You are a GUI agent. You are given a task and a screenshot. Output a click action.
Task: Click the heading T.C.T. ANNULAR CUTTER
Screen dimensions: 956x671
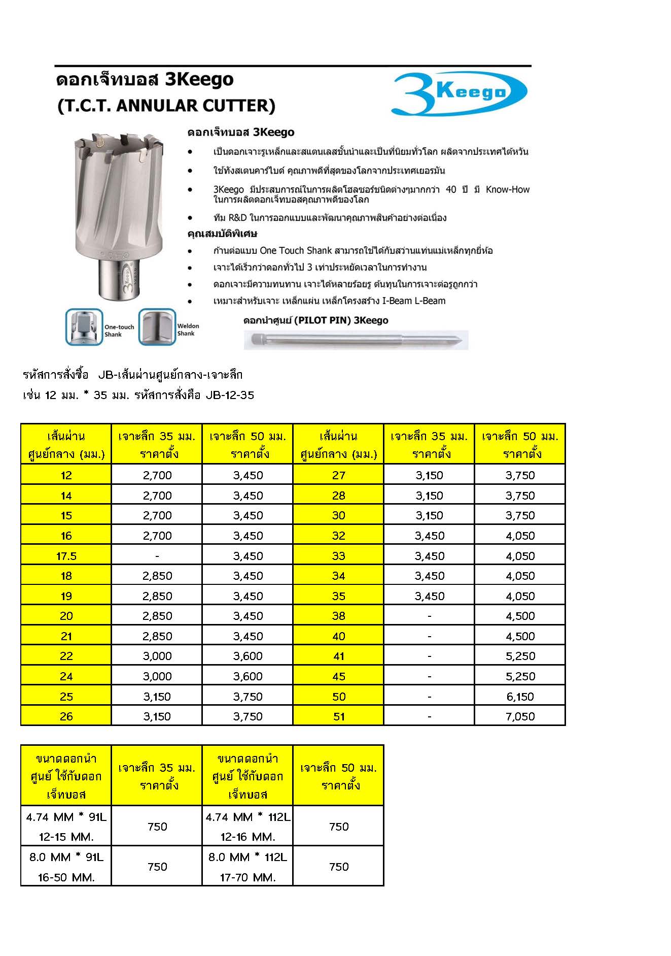[x=167, y=106]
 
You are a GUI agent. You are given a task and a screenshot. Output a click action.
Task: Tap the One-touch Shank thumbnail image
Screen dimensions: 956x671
[x=84, y=327]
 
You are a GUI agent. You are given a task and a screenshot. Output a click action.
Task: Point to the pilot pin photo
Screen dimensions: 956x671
[x=356, y=340]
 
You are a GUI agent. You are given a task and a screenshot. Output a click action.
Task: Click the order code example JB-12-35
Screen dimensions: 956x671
[x=230, y=395]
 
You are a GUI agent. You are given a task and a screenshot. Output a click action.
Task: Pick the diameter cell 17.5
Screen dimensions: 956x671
[x=66, y=556]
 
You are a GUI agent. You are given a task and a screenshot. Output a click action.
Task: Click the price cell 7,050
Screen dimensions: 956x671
[x=520, y=716]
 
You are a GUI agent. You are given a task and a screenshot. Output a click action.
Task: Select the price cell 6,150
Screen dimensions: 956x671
[x=520, y=697]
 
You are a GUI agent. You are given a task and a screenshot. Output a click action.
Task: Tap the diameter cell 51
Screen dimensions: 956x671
[x=339, y=716]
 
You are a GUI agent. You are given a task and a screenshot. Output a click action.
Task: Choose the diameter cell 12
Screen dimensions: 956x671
[x=66, y=475]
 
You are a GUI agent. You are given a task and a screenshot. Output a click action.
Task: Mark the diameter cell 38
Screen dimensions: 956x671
[x=339, y=616]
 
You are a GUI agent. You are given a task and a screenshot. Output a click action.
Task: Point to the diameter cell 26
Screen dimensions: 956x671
[x=66, y=716]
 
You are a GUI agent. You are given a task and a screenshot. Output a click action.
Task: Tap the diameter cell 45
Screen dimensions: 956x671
[x=339, y=676]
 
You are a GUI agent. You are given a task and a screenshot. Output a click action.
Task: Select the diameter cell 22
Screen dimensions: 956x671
[x=66, y=656]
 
